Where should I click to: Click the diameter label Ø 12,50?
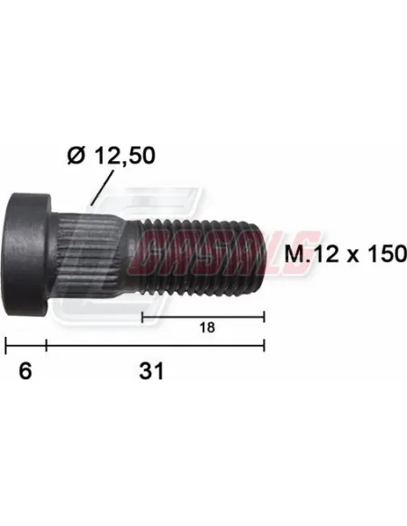pyautogui.click(x=112, y=156)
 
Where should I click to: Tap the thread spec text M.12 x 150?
pyautogui.click(x=345, y=254)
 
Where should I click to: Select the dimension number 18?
pyautogui.click(x=207, y=328)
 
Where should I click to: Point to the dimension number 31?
pyautogui.click(x=151, y=371)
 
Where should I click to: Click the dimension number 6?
pyautogui.click(x=25, y=371)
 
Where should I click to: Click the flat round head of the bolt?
pyautogui.click(x=28, y=254)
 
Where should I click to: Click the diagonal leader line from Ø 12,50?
pyautogui.click(x=102, y=187)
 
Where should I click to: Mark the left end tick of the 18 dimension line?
pyautogui.click(x=142, y=317)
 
